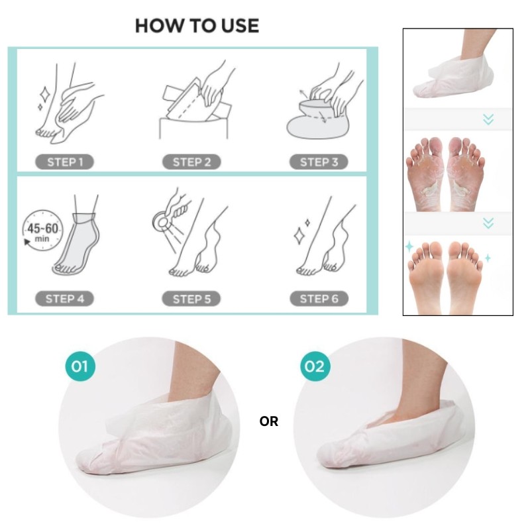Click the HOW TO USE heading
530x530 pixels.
click(197, 26)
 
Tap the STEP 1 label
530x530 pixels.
click(65, 162)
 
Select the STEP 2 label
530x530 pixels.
click(191, 162)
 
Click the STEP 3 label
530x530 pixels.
click(319, 162)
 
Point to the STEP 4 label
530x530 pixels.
click(65, 299)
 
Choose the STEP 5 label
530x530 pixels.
click(191, 299)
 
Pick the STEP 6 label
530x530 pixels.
click(319, 299)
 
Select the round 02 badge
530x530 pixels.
click(313, 366)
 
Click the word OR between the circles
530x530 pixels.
click(269, 422)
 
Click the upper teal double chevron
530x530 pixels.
click(488, 119)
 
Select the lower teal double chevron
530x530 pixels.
click(488, 223)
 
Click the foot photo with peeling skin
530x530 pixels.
click(458, 171)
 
